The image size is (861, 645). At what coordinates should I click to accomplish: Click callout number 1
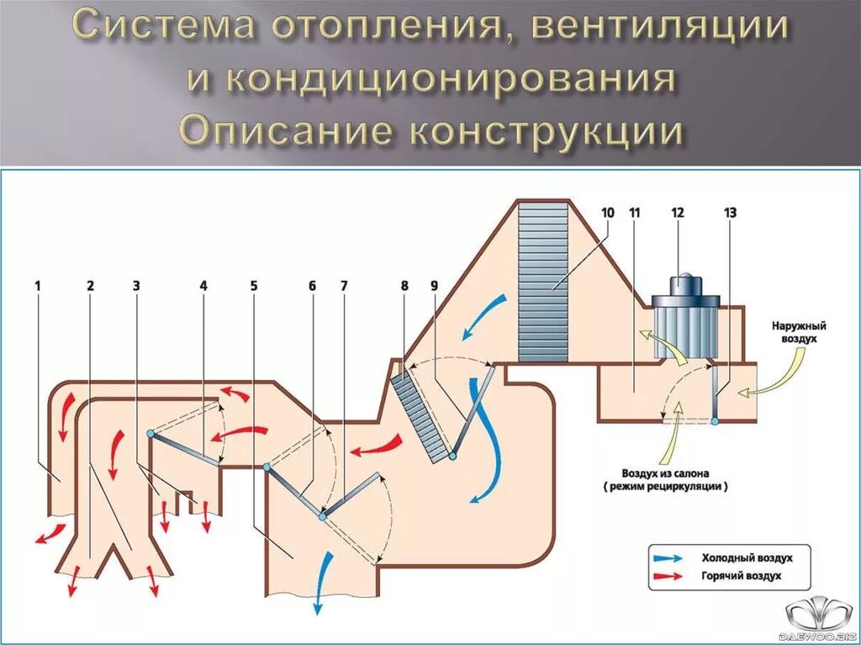[x=38, y=285]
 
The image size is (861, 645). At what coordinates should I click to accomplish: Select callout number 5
[x=254, y=285]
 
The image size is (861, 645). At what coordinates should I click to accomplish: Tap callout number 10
[x=607, y=213]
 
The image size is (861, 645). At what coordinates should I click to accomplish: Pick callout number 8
[x=404, y=285]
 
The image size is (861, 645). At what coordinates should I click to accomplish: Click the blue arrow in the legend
[x=669, y=558]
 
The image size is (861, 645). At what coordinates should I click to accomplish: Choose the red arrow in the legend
[x=669, y=576]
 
